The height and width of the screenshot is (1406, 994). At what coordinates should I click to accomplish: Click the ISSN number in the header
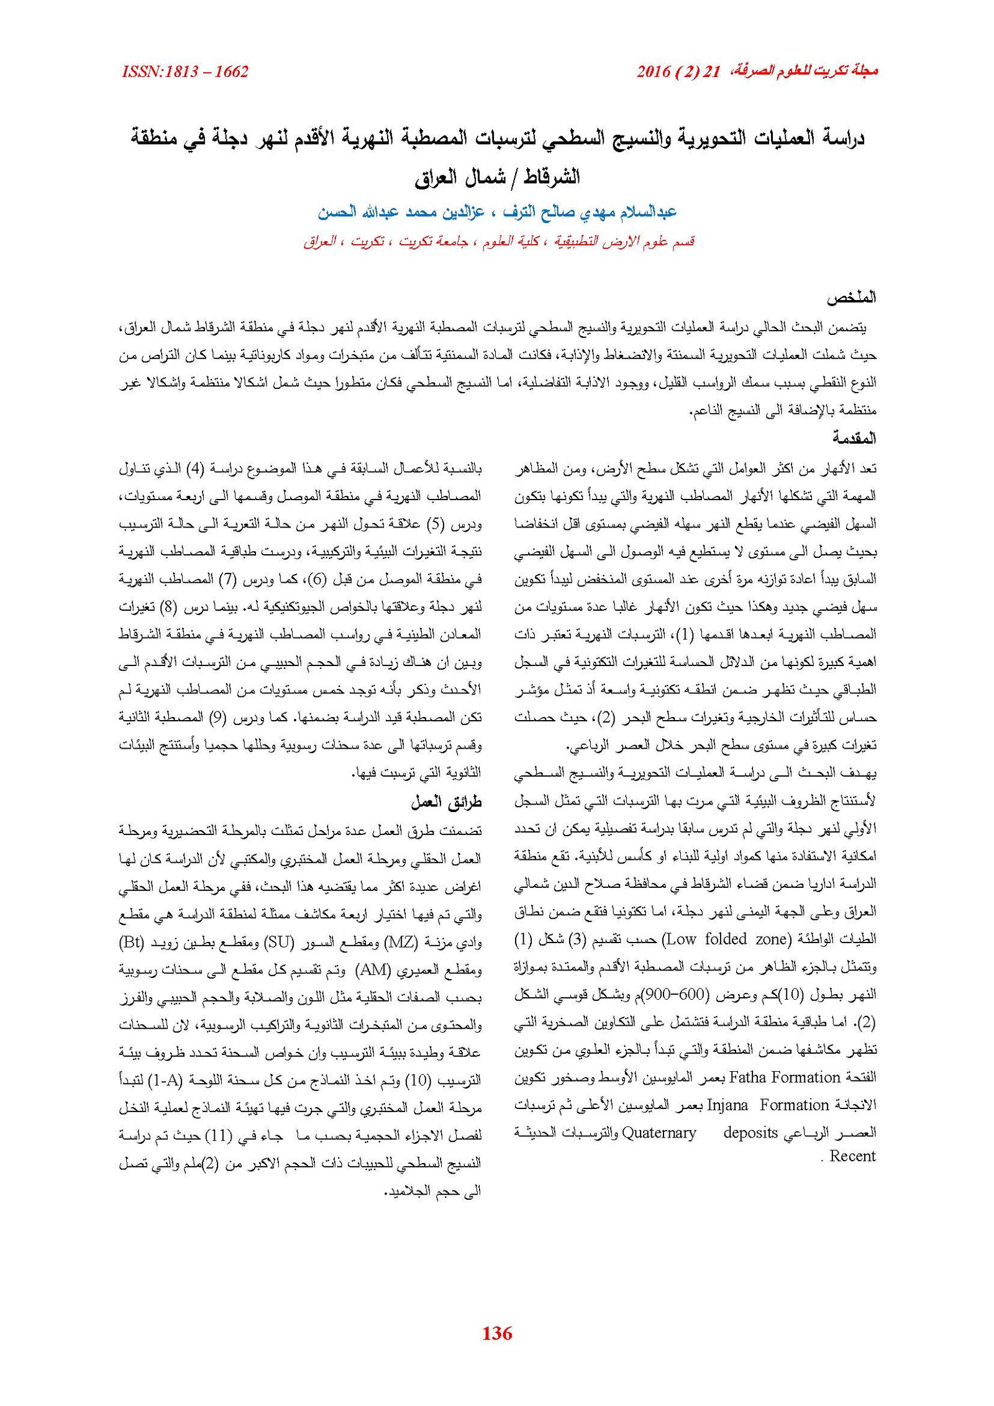click(185, 72)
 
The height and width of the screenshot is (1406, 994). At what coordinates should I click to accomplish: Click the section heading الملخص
click(850, 298)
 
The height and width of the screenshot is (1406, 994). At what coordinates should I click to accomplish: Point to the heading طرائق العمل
click(446, 803)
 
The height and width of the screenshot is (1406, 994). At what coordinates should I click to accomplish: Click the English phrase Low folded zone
click(717, 939)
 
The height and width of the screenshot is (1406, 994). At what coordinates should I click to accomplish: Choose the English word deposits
click(750, 1133)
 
